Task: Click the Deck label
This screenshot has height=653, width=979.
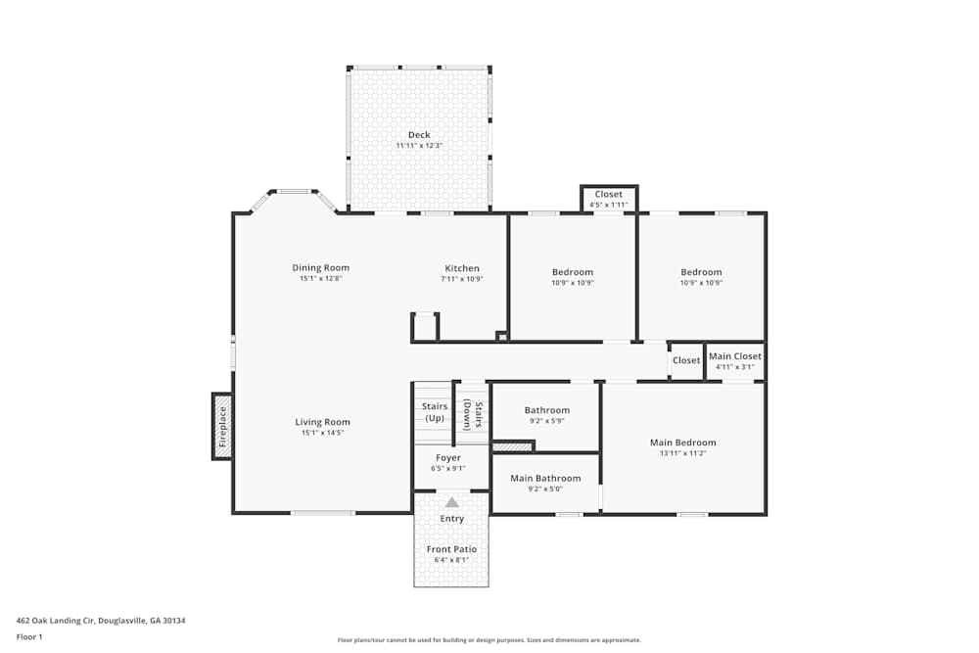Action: pos(419,135)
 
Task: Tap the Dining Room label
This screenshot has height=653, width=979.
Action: pos(320,268)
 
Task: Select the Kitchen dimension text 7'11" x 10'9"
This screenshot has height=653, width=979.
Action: pos(462,279)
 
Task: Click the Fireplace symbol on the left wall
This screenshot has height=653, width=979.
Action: pos(222,426)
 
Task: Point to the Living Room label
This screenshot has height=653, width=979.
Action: pos(322,423)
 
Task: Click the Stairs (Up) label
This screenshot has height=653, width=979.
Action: pos(434,411)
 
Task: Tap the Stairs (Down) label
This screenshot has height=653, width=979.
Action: pos(472,414)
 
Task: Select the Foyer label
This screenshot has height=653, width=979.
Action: pos(447,458)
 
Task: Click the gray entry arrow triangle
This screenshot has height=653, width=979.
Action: pos(451,502)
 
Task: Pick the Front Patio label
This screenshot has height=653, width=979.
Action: pos(451,549)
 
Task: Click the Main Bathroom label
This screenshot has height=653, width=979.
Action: pos(545,479)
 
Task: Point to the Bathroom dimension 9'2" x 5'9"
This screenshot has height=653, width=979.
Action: pos(546,421)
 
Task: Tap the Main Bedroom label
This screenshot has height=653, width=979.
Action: pos(682,443)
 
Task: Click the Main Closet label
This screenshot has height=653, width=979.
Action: pos(734,356)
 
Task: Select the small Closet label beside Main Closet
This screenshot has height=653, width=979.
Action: pos(686,360)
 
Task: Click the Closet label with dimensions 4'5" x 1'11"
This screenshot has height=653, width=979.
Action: pos(608,194)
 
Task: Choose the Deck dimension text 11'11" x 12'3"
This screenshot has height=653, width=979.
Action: pos(419,146)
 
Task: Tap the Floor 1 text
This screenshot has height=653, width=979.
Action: pos(29,636)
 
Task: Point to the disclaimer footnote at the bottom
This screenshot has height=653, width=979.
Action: pos(489,640)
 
